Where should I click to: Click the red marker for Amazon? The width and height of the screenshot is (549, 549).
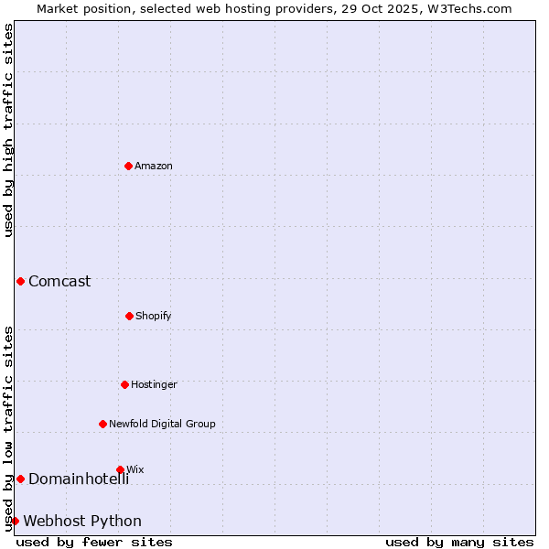tap(128, 166)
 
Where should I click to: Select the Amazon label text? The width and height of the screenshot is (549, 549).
tap(154, 166)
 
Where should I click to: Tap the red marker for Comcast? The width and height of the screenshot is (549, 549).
tap(20, 281)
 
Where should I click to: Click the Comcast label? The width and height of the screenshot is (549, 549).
tap(59, 281)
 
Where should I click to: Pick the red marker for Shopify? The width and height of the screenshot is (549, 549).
tap(129, 316)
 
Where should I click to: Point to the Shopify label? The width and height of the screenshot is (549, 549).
tap(154, 316)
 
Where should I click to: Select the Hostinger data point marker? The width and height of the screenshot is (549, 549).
tap(124, 384)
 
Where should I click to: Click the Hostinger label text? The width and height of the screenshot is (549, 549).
tap(154, 384)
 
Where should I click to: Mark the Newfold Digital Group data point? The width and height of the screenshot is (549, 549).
tap(102, 424)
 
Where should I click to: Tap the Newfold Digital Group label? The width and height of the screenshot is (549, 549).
tap(162, 424)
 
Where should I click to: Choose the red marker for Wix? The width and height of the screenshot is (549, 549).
tap(120, 469)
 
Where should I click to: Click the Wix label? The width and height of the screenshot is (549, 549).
tap(135, 469)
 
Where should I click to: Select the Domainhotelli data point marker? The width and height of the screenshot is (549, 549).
tap(20, 479)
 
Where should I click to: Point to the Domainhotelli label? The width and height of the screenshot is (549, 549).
tap(79, 479)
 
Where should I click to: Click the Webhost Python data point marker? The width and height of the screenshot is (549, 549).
tap(15, 521)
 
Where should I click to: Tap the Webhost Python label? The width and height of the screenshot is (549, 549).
tap(82, 521)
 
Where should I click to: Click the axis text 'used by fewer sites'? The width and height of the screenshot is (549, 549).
tap(94, 542)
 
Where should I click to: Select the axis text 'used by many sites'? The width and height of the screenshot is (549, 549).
tap(459, 542)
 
